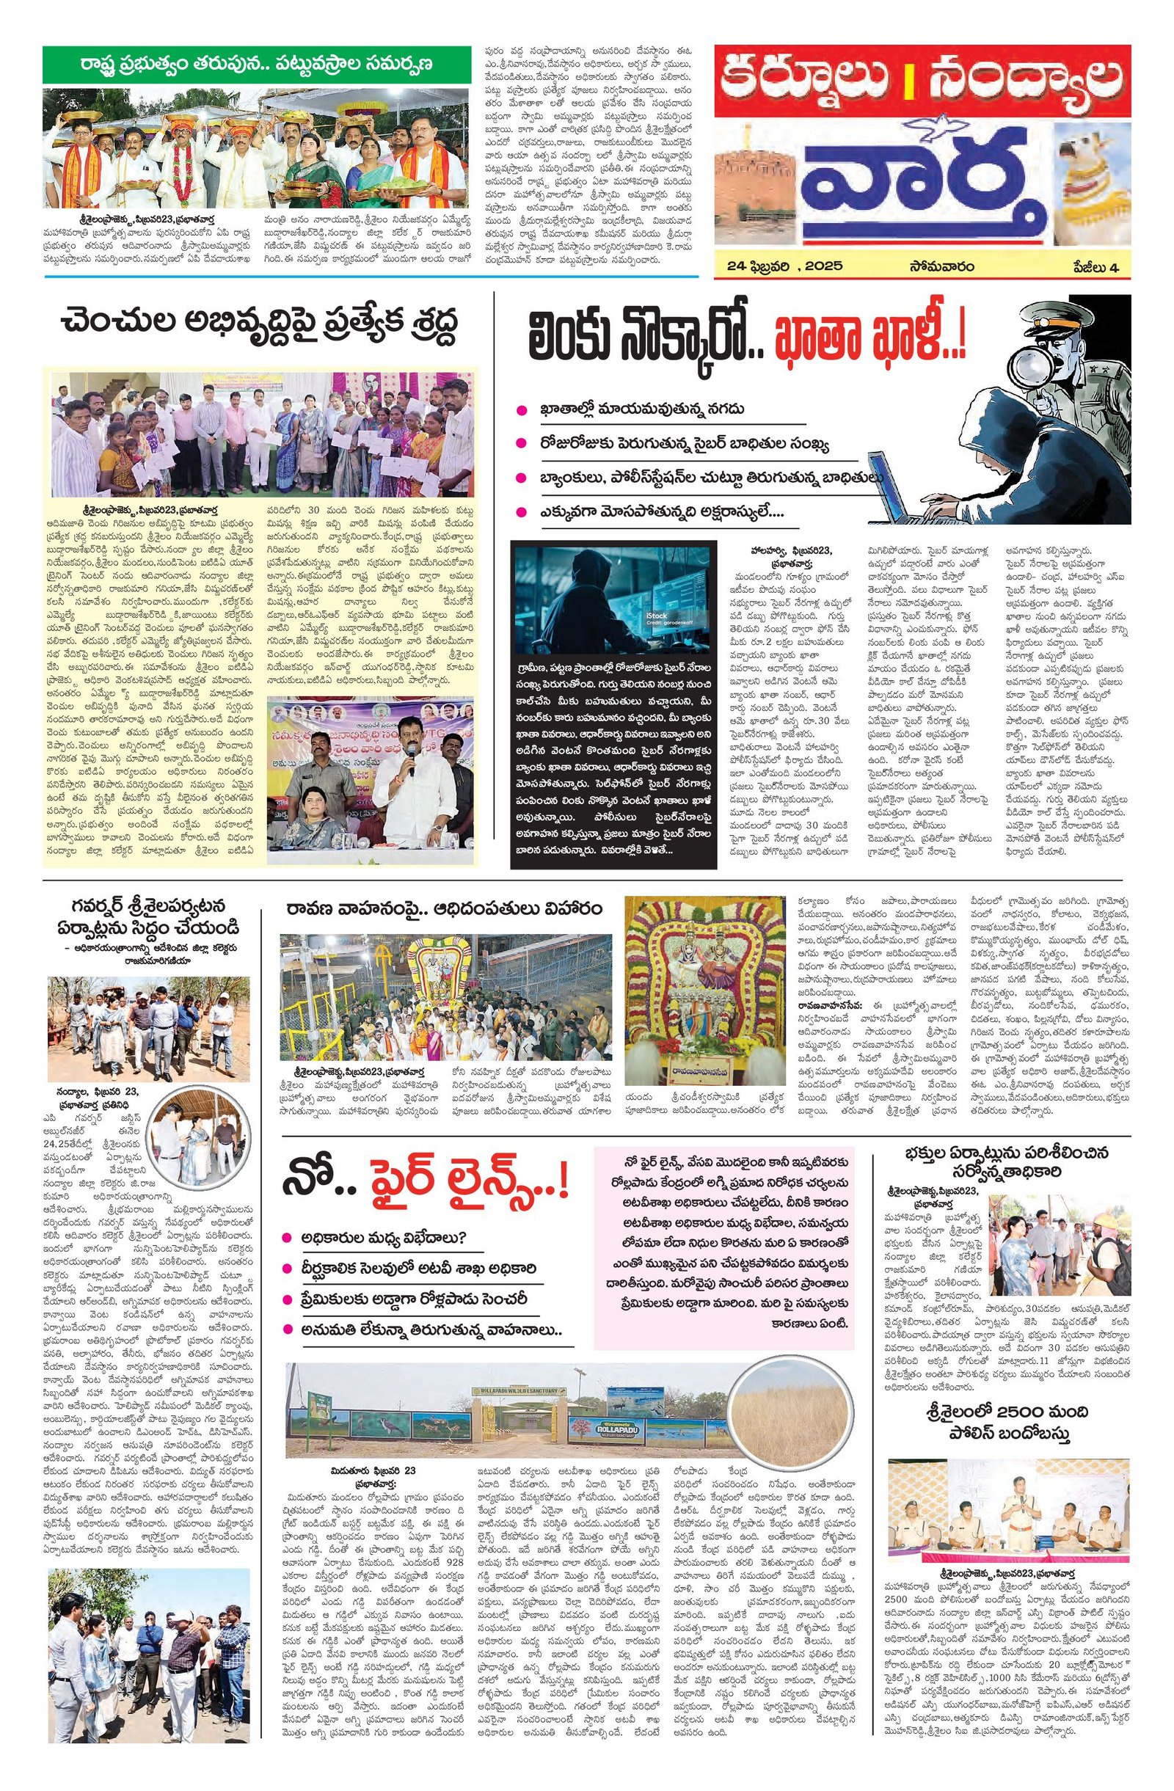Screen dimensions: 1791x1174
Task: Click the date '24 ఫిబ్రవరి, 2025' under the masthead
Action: (790, 266)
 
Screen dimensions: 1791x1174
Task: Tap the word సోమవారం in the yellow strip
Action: (941, 266)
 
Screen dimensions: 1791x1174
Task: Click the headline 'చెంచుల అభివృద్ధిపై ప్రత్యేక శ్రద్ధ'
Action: (260, 329)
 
